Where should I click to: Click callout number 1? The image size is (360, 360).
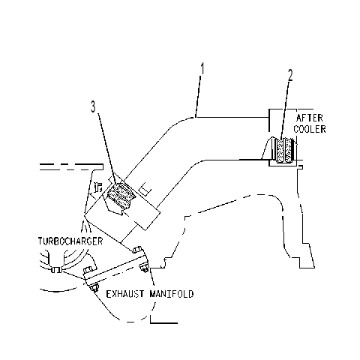(x=202, y=69)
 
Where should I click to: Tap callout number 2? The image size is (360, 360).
(x=289, y=75)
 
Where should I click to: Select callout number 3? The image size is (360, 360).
(x=93, y=106)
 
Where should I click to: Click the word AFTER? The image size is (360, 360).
(x=310, y=118)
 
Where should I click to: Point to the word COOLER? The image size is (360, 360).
(x=310, y=129)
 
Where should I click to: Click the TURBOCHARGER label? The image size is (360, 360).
(x=70, y=241)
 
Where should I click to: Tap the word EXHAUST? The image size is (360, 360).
(x=125, y=294)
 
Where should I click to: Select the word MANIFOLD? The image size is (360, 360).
(x=172, y=294)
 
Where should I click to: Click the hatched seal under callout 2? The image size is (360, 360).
(x=283, y=151)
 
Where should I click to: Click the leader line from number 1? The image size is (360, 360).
(x=198, y=96)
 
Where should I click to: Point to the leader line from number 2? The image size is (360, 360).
(x=285, y=110)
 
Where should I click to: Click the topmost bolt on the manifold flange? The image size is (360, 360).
(x=137, y=250)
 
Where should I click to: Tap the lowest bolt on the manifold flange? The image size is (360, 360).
(x=94, y=287)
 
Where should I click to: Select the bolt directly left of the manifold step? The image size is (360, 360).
(x=145, y=268)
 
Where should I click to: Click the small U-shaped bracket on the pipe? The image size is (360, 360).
(x=145, y=189)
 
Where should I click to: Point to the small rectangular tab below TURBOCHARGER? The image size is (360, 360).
(x=55, y=270)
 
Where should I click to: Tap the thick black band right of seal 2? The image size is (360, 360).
(x=292, y=151)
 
